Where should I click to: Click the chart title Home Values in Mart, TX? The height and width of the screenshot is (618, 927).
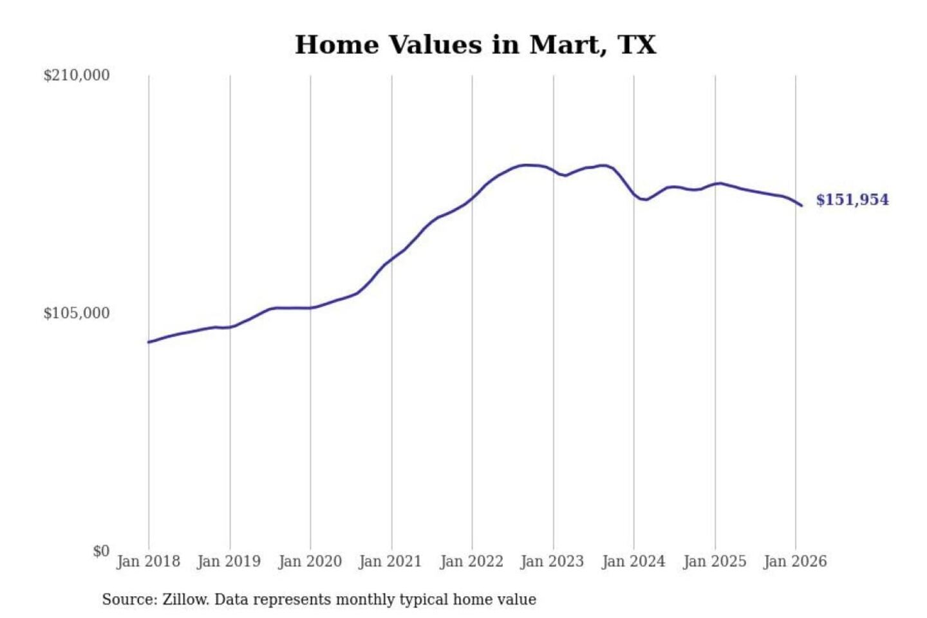coord(475,45)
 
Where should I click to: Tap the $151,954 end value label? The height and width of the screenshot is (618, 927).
coord(852,200)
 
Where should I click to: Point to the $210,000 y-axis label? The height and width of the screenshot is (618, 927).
coord(77,75)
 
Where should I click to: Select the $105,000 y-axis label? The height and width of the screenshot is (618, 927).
coord(77,314)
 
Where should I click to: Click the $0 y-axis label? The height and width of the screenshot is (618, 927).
coord(101,551)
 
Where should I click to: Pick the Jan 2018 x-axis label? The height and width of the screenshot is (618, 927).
coord(148,561)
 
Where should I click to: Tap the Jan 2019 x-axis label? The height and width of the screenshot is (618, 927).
coord(229,561)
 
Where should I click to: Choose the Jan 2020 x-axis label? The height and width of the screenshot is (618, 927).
coord(310,561)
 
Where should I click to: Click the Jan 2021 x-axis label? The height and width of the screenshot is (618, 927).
coord(390,561)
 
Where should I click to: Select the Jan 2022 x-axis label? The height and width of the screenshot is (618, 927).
coord(471,561)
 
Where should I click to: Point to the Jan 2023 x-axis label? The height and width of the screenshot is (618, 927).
coord(552,561)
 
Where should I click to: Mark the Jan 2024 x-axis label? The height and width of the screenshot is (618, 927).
coord(633,561)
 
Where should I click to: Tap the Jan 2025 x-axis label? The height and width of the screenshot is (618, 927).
coord(714,561)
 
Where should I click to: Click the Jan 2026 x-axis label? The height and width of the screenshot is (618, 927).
coord(794,561)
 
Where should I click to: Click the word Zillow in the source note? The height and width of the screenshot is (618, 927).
coord(185,600)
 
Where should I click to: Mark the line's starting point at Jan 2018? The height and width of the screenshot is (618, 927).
coord(149,342)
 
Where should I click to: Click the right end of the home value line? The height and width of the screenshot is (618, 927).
coord(801,205)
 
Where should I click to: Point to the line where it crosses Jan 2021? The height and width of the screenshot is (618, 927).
coord(391,258)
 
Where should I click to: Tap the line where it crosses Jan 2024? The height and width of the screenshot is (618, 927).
coord(634,194)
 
